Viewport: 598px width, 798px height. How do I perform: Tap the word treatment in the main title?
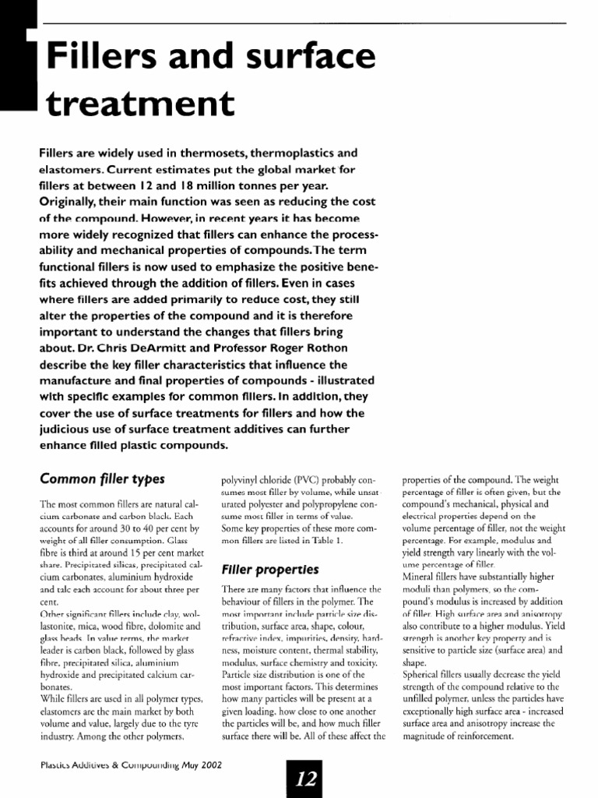tap(139, 104)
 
